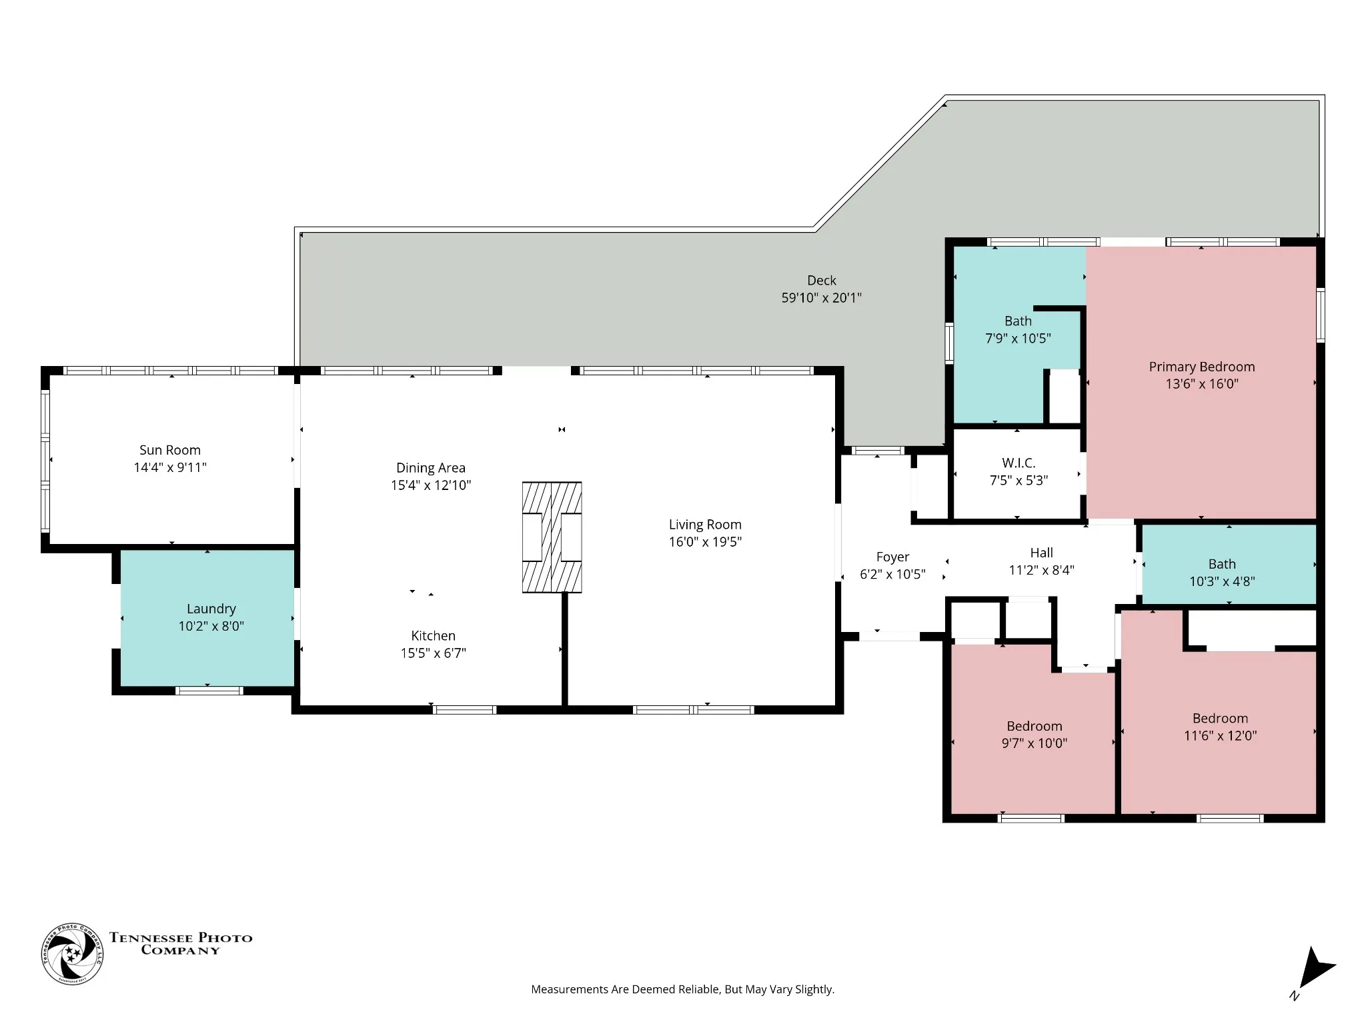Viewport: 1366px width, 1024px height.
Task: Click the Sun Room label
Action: [170, 450]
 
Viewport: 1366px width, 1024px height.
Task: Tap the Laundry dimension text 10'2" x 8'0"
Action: [211, 626]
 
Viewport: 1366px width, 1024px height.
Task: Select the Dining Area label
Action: [431, 468]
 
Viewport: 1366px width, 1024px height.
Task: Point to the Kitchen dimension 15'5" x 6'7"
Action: [433, 653]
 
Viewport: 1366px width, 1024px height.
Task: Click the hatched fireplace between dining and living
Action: [552, 537]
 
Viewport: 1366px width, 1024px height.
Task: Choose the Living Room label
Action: [705, 525]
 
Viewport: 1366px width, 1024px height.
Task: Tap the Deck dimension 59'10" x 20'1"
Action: [821, 298]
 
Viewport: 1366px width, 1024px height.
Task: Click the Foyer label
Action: [892, 557]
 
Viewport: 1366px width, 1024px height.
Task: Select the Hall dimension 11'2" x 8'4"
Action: [1041, 570]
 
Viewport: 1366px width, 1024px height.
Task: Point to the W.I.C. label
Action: [1018, 463]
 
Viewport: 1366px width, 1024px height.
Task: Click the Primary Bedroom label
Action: [1201, 367]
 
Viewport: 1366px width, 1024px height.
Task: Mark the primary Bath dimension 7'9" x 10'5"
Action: [1018, 339]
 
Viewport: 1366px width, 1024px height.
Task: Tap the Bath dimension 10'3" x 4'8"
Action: [1222, 581]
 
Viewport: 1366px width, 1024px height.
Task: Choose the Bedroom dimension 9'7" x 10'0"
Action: [1034, 743]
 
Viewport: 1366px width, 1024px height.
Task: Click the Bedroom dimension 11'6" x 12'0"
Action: [1220, 735]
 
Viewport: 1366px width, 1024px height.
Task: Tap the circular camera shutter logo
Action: [72, 954]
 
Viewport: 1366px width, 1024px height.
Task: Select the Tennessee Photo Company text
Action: [181, 944]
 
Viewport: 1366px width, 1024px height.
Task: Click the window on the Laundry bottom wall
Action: [209, 691]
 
